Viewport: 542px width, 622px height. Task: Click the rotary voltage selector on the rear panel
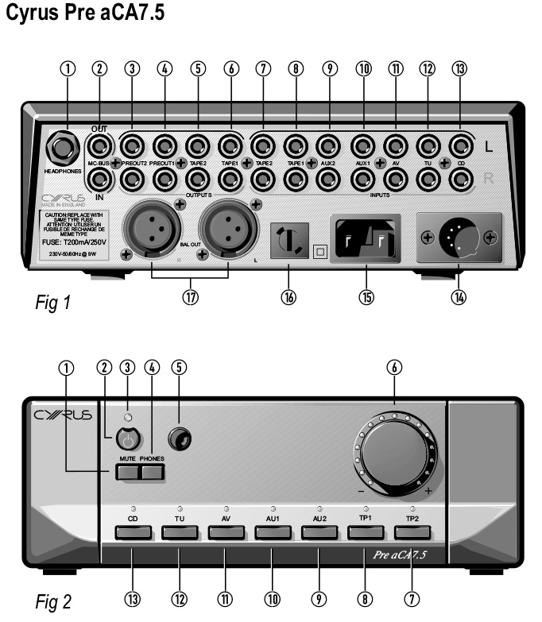pyautogui.click(x=288, y=238)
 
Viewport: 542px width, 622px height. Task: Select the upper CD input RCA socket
pyautogui.click(x=459, y=145)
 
